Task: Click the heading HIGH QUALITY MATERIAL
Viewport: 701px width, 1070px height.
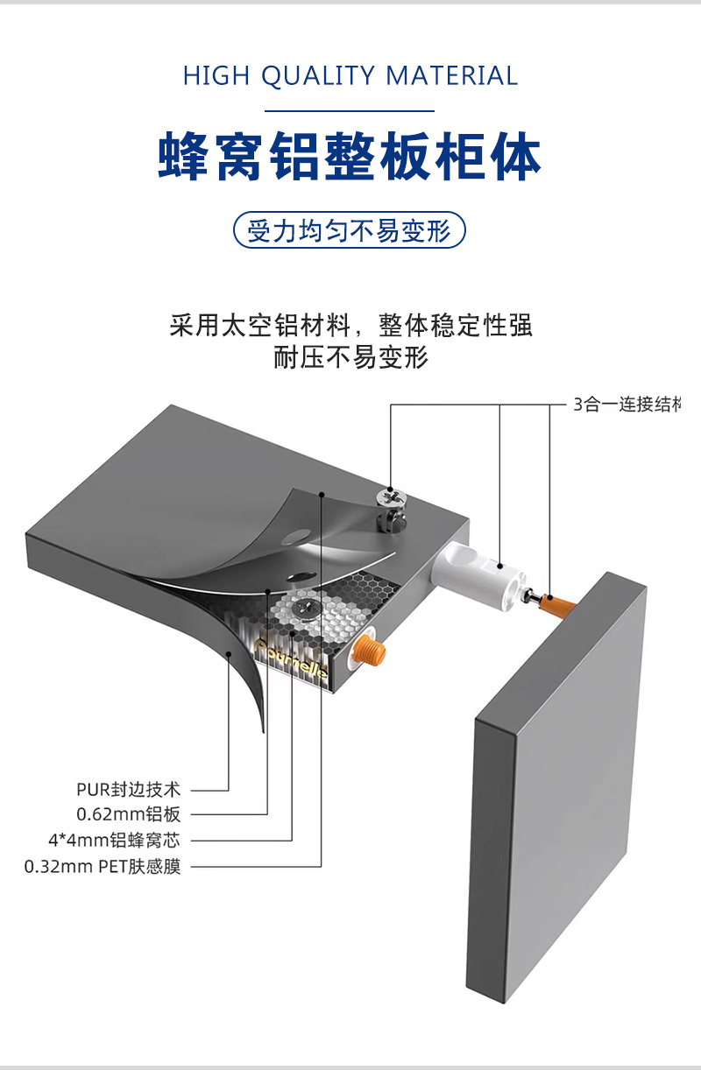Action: [x=350, y=76]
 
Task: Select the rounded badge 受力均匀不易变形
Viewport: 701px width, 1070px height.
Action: [x=349, y=231]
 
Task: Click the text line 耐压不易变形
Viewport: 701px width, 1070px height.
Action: [x=350, y=358]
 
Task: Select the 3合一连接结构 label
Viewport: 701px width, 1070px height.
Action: [x=626, y=405]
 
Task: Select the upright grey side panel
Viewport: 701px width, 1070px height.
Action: [x=552, y=788]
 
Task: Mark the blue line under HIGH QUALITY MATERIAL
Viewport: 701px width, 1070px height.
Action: [x=350, y=111]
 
